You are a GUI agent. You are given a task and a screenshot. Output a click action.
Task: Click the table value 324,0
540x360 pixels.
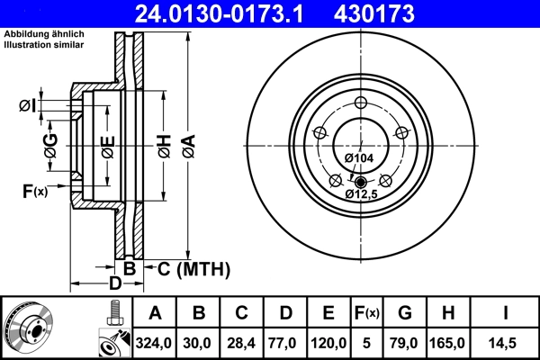154,343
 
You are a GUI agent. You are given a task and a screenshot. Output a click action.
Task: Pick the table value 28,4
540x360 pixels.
241,343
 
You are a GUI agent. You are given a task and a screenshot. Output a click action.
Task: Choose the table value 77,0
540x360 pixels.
285,343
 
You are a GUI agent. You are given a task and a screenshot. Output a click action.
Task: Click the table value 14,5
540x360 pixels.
505,343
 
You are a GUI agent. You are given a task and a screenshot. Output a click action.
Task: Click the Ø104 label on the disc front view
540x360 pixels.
359,158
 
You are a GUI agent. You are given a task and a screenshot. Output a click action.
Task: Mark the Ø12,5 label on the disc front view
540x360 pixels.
364,193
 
